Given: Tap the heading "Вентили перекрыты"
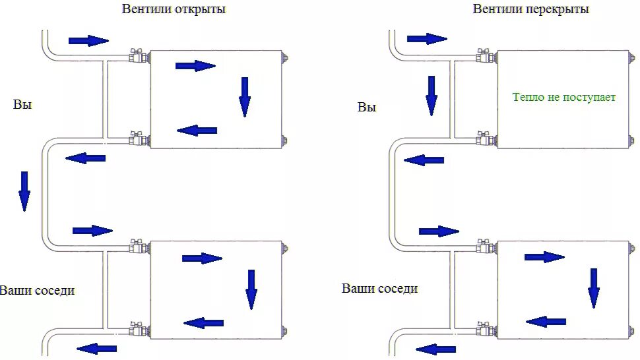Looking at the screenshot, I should point(530,9).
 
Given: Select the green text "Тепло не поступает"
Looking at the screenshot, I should point(564,97).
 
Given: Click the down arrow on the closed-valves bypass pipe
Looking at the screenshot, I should point(432,95).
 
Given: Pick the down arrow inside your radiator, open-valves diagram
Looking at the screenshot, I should point(245,96).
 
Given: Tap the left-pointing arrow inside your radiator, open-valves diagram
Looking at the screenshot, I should point(197,131).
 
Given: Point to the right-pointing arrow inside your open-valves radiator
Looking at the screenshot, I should point(195,65).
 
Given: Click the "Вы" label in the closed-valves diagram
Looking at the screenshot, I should point(367,107).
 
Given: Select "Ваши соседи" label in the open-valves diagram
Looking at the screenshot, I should point(38,290).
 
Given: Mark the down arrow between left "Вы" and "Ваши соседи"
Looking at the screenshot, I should point(24,191).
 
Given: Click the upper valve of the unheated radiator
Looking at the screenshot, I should point(484,56).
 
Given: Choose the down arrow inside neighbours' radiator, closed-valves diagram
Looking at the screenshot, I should point(594,287).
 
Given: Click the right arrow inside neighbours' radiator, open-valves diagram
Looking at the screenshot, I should point(202,258).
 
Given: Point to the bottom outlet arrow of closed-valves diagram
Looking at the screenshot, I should point(436,349).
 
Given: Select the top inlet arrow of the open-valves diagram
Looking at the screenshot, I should point(88,41).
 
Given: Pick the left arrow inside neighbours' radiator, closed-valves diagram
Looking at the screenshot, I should point(546,321).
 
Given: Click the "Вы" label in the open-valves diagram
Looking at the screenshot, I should point(22,104).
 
